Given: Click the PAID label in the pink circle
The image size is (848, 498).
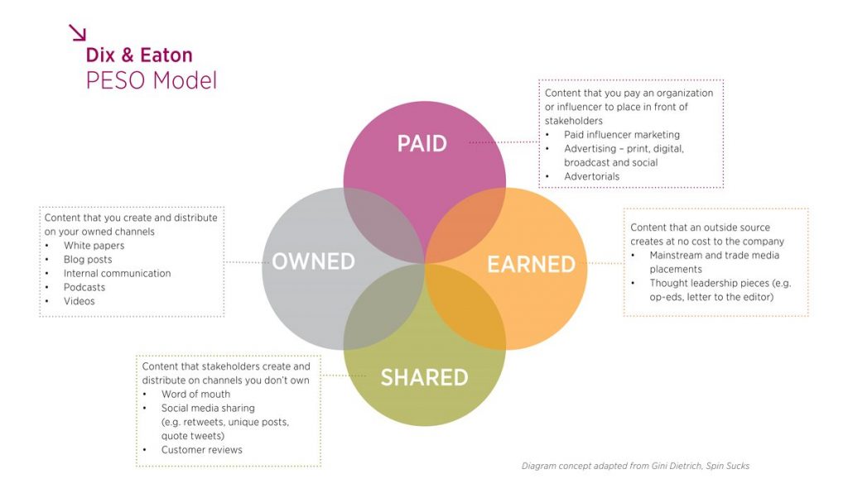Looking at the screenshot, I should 422,144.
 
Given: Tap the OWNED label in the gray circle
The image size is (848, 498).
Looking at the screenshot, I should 313,261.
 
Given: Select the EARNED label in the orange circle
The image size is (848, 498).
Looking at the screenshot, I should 531,264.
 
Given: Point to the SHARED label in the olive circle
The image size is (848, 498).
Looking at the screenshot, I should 424,378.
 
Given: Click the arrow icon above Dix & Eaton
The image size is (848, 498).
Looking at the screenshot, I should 77,32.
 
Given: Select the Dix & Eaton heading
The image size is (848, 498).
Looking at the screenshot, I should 139,55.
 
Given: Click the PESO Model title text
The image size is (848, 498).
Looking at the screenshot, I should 151,81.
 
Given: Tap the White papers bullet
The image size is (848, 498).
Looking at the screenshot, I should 94,246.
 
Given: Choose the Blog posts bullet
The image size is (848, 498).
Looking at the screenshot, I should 88,260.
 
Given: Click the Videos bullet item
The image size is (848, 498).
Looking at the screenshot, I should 79,301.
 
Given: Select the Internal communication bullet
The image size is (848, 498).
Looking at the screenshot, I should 117,273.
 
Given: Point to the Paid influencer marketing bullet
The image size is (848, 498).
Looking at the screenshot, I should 621,134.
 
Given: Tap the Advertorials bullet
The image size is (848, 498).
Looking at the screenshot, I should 591,176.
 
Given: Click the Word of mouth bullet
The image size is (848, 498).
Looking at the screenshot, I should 195,394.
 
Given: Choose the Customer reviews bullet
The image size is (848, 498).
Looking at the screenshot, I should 201,449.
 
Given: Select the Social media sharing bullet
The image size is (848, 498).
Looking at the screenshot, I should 208,408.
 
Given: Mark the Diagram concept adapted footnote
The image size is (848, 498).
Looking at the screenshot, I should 635,466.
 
